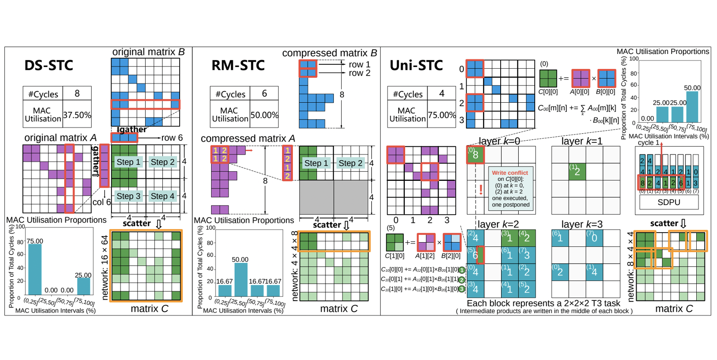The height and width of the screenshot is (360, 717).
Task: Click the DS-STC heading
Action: click(x=49, y=66)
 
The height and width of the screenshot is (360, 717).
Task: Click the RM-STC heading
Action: click(x=238, y=66)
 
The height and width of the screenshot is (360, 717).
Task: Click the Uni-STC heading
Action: click(x=416, y=66)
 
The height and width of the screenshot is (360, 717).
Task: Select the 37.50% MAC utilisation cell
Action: click(x=77, y=115)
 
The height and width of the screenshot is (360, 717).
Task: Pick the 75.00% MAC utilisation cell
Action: click(x=442, y=115)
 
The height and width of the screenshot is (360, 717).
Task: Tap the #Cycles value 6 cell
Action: click(x=264, y=94)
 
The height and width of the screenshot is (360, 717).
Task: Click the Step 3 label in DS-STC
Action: click(x=128, y=196)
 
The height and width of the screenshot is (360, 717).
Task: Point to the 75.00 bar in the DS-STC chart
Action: click(x=35, y=269)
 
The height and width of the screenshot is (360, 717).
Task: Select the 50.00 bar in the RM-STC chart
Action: click(x=241, y=279)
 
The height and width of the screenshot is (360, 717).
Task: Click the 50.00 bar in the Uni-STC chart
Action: click(x=692, y=107)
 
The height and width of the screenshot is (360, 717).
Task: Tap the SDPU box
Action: click(x=669, y=202)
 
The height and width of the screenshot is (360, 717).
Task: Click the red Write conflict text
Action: click(x=510, y=173)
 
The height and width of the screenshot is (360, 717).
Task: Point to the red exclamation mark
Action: click(x=481, y=189)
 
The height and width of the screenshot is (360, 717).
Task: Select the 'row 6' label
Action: click(x=172, y=138)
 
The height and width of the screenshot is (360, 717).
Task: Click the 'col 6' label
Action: click(x=102, y=202)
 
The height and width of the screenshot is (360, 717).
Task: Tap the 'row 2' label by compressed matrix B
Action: click(x=359, y=73)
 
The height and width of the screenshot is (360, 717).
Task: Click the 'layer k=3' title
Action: click(x=581, y=224)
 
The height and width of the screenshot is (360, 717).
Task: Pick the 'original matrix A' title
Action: click(x=60, y=138)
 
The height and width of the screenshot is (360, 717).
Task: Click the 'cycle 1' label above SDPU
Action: click(x=648, y=142)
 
